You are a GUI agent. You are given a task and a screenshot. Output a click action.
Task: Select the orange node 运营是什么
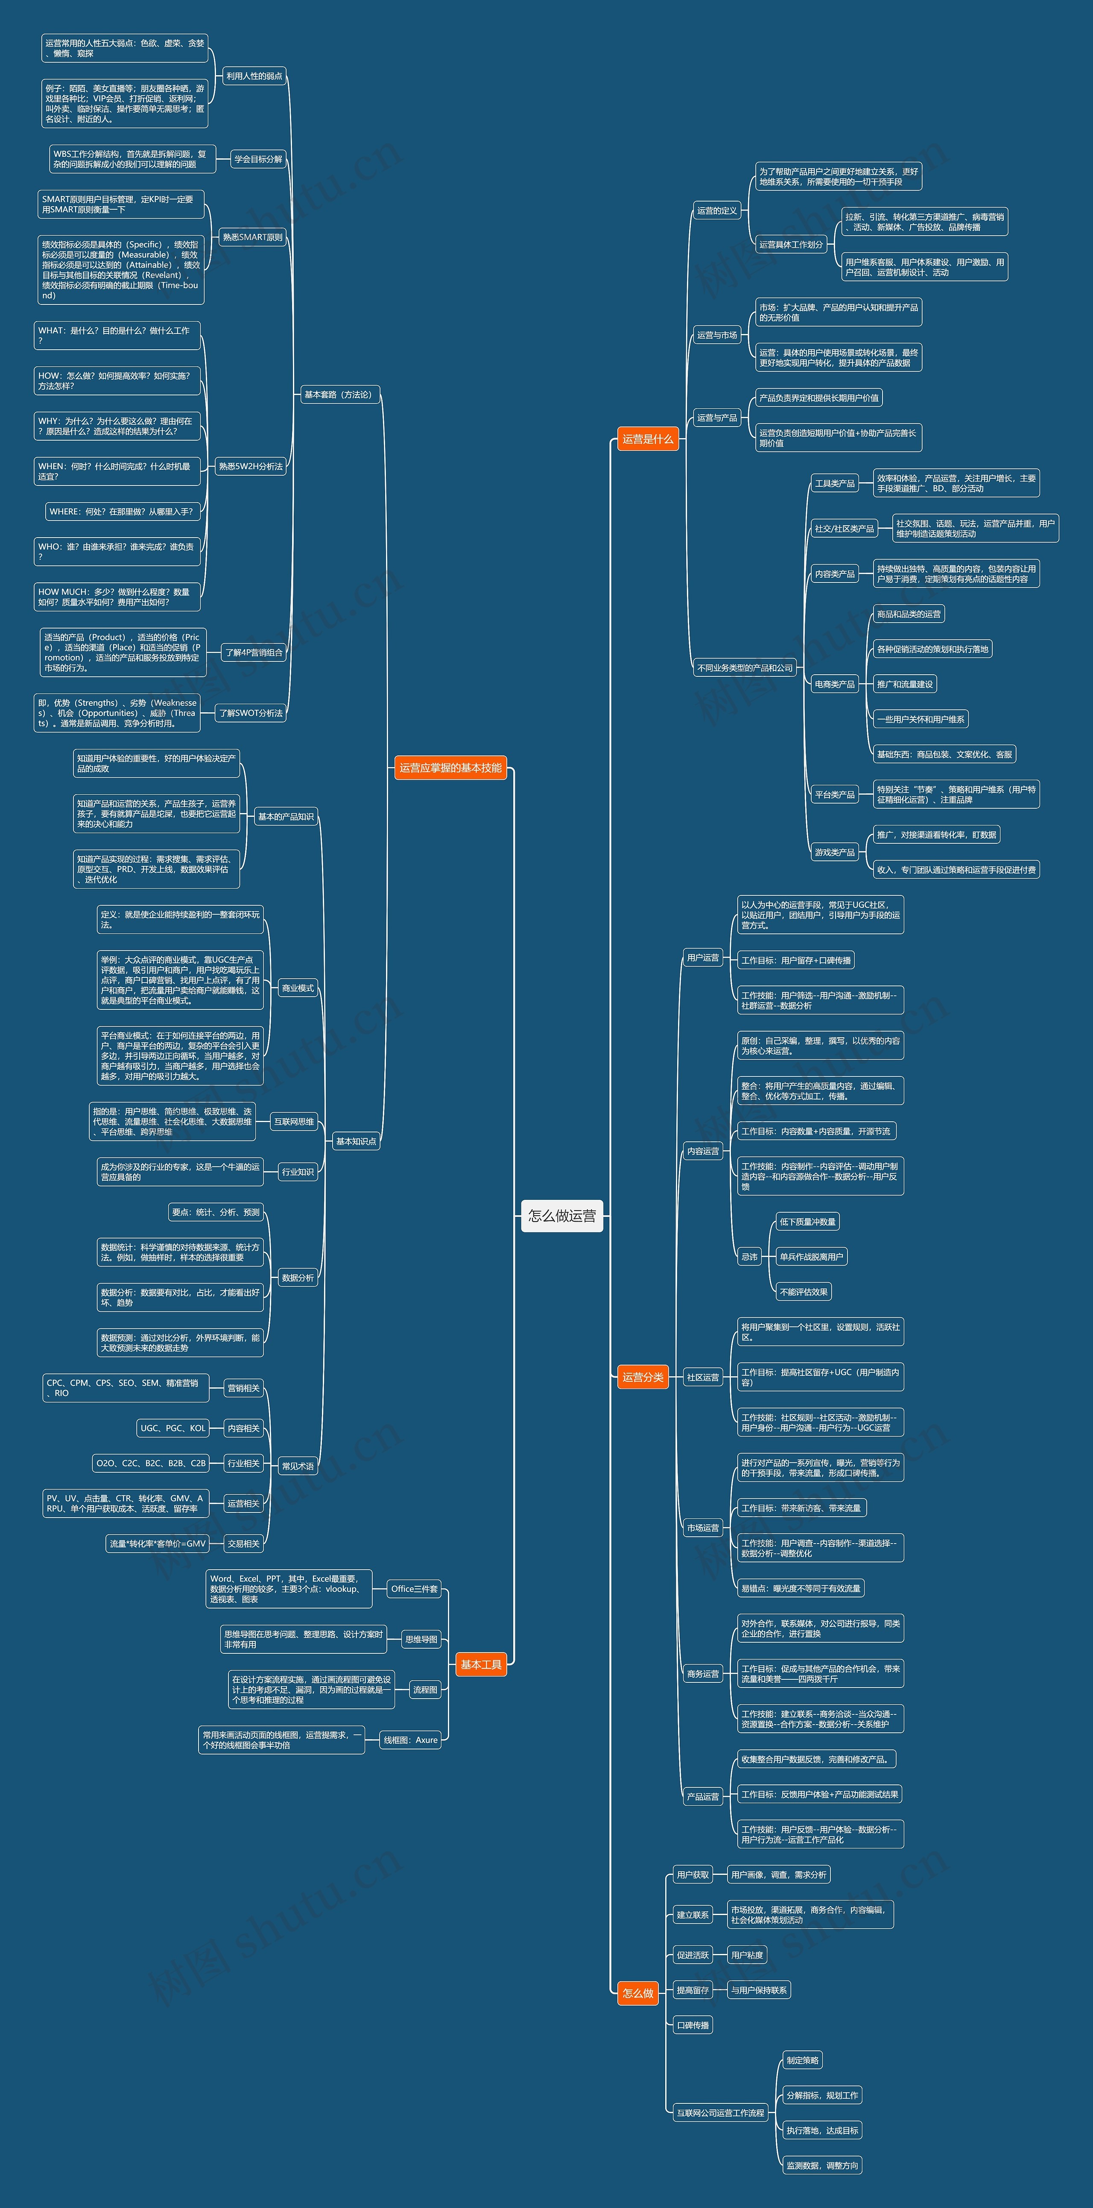click(647, 439)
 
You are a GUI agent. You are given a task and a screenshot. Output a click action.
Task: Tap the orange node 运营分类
click(642, 1377)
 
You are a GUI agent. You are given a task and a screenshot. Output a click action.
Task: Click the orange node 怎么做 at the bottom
click(638, 1993)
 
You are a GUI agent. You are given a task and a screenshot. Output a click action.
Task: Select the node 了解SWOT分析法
click(250, 712)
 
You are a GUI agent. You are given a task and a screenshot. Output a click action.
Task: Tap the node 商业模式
click(298, 988)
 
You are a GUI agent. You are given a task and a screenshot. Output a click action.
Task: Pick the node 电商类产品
click(834, 684)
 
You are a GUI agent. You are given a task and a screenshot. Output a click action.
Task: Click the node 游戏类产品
click(834, 852)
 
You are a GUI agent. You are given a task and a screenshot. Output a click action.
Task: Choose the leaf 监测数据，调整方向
click(821, 2165)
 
